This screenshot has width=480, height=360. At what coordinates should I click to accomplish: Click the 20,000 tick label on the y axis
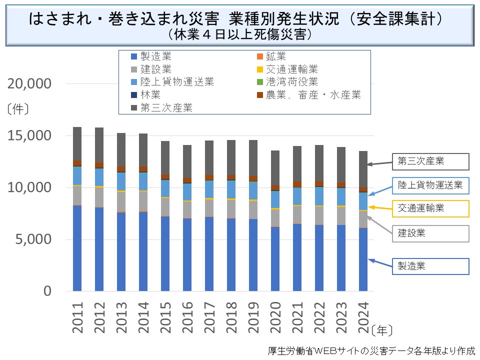(x=29, y=84)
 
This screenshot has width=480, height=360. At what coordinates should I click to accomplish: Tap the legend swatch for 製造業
(x=133, y=56)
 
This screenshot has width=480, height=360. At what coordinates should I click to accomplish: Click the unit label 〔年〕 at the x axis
(x=382, y=330)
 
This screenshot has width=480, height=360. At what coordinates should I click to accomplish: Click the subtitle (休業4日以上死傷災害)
(x=240, y=34)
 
